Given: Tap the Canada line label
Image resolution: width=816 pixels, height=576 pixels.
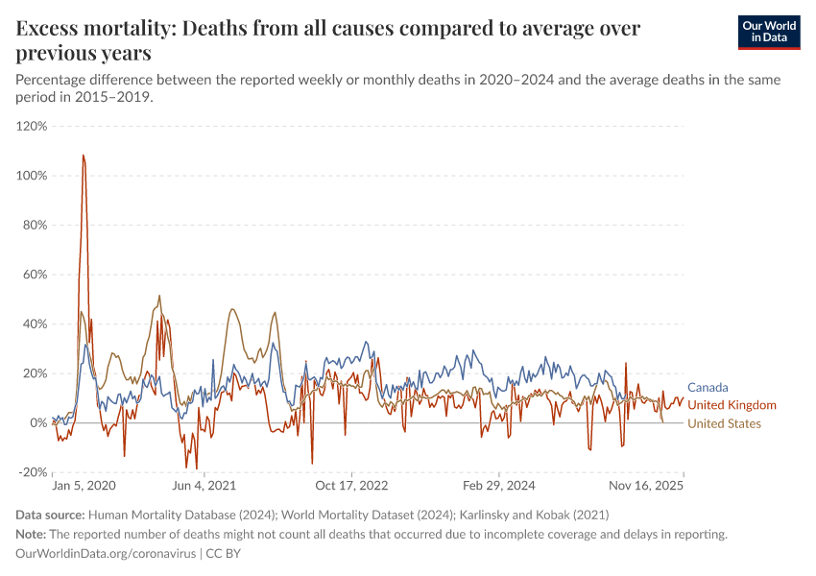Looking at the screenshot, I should [x=708, y=388].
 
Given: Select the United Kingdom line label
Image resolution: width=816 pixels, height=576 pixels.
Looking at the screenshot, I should [x=732, y=405].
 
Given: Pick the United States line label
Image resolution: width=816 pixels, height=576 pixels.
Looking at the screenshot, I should [x=724, y=423].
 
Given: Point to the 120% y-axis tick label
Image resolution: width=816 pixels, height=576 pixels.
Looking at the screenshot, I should [x=32, y=126].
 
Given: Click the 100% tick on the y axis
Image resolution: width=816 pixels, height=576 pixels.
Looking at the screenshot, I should [x=32, y=176].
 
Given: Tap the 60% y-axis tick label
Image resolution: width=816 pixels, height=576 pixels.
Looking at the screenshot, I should [x=35, y=275].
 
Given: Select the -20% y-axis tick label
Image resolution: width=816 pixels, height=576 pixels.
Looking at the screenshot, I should [x=33, y=472].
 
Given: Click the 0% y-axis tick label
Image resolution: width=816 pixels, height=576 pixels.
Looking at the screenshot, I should [x=38, y=422].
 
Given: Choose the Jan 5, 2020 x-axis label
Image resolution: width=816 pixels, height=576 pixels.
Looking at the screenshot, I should [x=84, y=487].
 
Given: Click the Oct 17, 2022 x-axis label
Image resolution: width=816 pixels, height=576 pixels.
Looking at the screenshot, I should [x=352, y=487].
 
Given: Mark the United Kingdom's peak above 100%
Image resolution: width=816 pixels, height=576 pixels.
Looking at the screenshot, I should [x=84, y=156].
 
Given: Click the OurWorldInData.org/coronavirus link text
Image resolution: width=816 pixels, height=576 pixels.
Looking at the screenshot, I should [x=107, y=554].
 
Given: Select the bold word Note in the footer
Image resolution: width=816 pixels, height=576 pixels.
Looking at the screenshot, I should [x=31, y=535].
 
